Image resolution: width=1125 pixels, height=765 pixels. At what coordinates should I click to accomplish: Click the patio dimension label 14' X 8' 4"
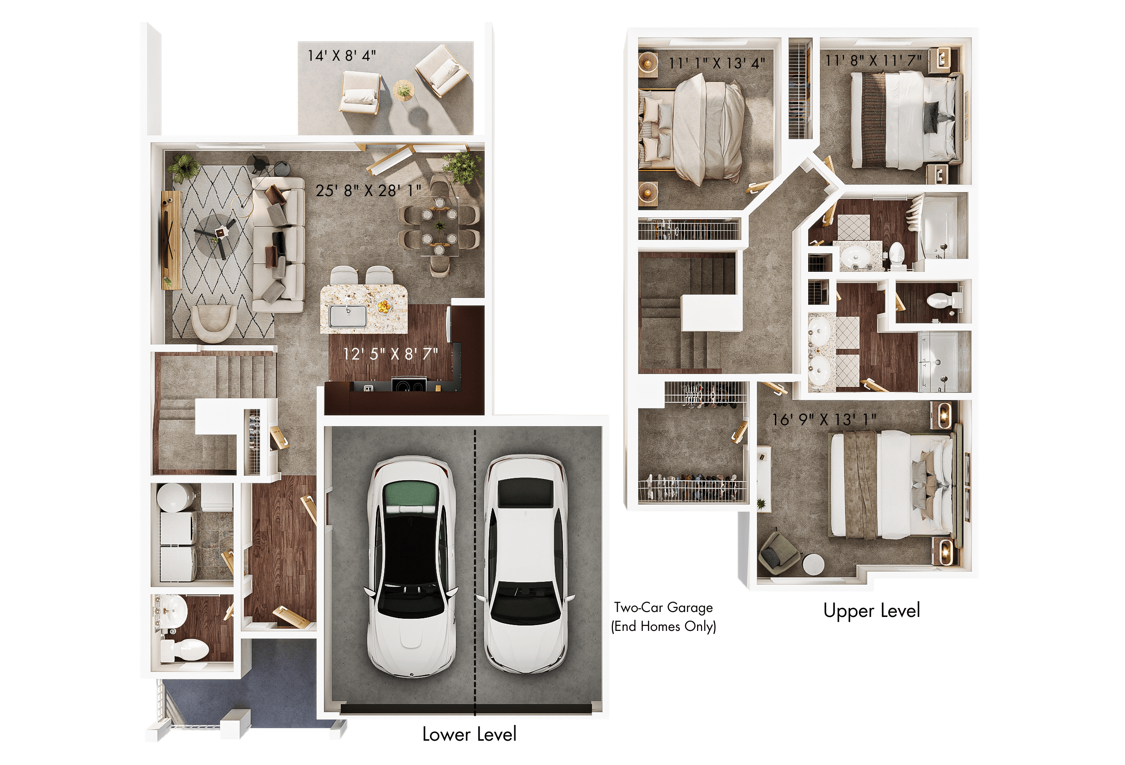(x=342, y=56)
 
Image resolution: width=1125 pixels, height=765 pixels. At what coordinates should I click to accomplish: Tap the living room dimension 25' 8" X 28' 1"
(x=368, y=190)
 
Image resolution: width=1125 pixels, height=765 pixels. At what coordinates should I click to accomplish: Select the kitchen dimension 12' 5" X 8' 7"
(x=390, y=354)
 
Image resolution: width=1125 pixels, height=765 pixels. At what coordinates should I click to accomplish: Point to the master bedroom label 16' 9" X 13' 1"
(x=823, y=419)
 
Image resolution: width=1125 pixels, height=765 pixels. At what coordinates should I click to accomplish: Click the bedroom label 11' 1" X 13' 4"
(x=716, y=63)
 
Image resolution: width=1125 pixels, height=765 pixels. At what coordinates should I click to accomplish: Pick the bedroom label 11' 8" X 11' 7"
(x=873, y=60)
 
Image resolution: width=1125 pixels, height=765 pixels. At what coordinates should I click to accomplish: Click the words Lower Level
(x=469, y=734)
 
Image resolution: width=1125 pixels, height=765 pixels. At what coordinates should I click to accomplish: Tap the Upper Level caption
(x=871, y=611)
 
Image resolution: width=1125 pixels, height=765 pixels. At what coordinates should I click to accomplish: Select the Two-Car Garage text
(x=663, y=607)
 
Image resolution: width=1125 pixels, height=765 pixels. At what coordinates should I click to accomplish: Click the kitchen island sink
(x=347, y=316)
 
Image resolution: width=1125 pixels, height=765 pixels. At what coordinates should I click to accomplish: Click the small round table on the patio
(x=403, y=90)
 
